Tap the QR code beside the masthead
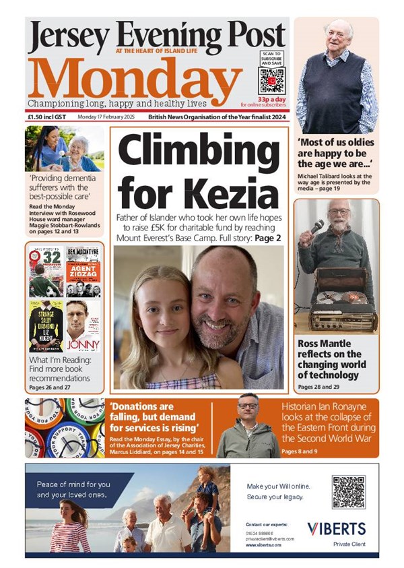(x=272, y=80)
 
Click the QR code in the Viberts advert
(x=348, y=492)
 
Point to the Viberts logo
(x=336, y=528)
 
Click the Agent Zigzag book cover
(x=83, y=276)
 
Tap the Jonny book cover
(x=83, y=325)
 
